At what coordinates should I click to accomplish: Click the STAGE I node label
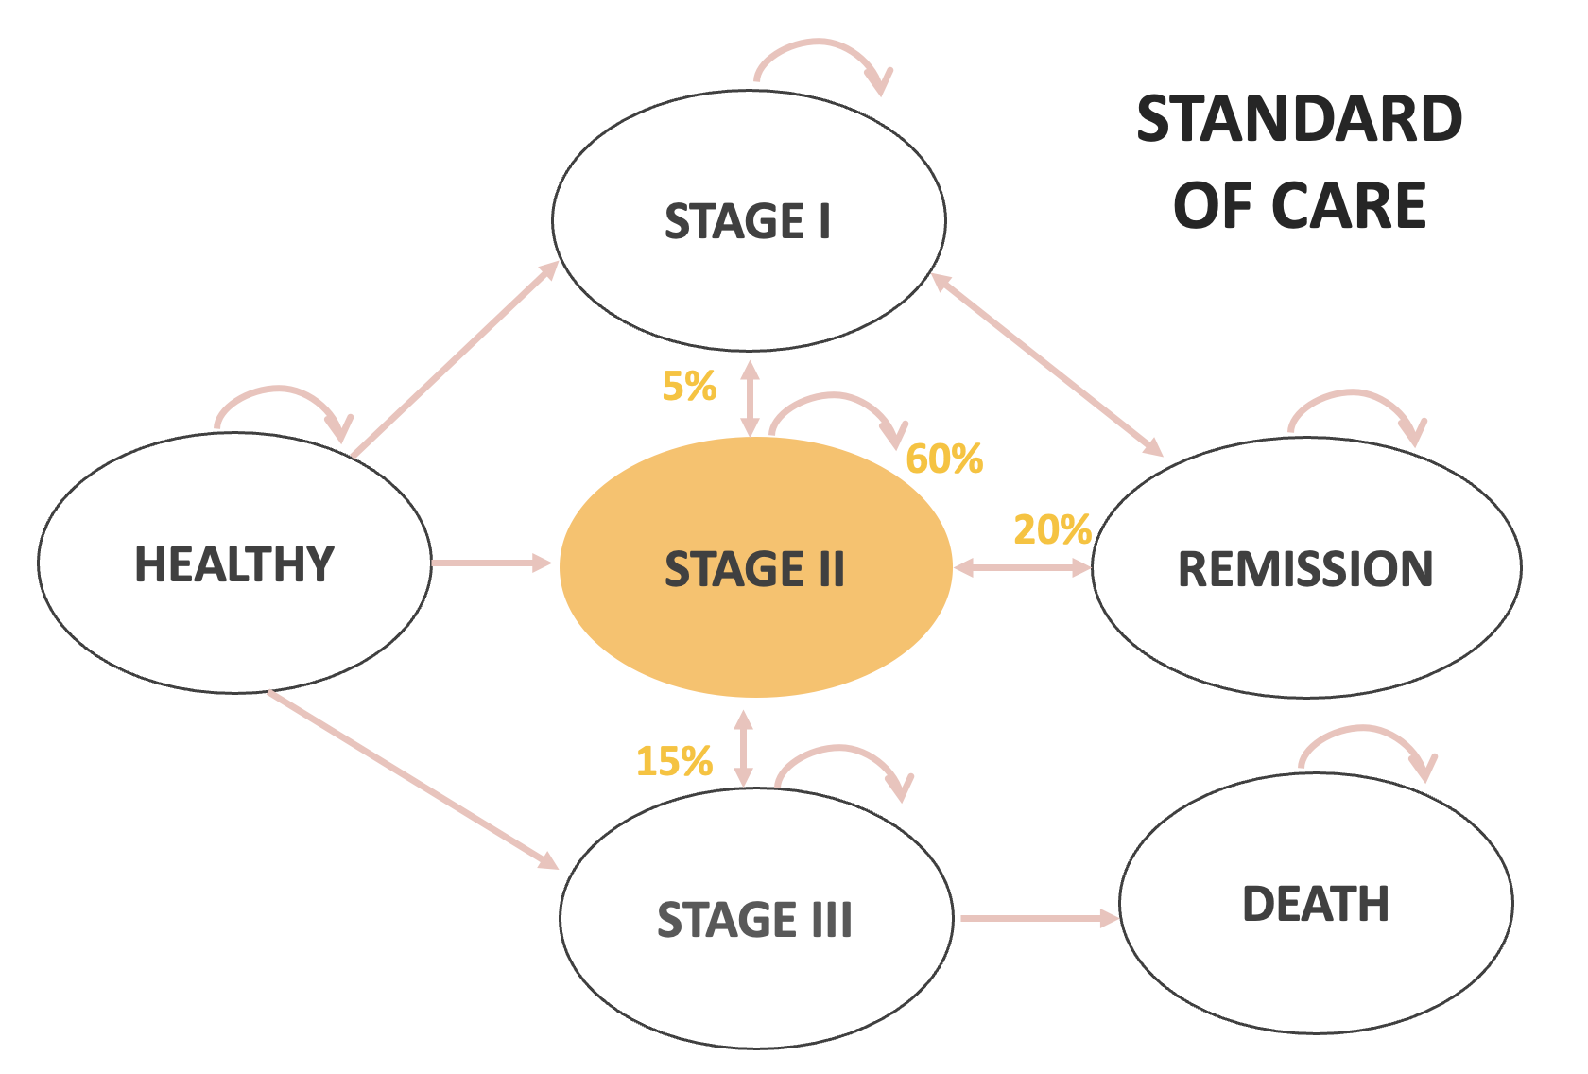point(748,221)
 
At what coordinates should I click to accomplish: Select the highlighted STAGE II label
point(754,569)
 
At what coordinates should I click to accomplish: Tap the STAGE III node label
point(754,920)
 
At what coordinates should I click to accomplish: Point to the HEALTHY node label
point(234,564)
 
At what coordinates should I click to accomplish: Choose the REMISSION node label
point(1305,569)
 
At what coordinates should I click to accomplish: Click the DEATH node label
point(1316,904)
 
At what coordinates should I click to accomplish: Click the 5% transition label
point(689,387)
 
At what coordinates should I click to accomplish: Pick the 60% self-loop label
point(944,459)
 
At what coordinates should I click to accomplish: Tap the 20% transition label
point(1052,530)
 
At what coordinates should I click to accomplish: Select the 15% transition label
point(674,761)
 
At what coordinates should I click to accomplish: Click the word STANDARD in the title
point(1300,119)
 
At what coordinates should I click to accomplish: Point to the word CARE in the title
point(1349,206)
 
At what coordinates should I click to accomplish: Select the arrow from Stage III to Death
point(1038,917)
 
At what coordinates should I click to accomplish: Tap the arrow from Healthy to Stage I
point(455,359)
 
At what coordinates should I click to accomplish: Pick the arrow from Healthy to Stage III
point(413,779)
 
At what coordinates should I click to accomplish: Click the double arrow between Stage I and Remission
point(1047,365)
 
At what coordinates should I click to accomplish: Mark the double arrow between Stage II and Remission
point(1022,568)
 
